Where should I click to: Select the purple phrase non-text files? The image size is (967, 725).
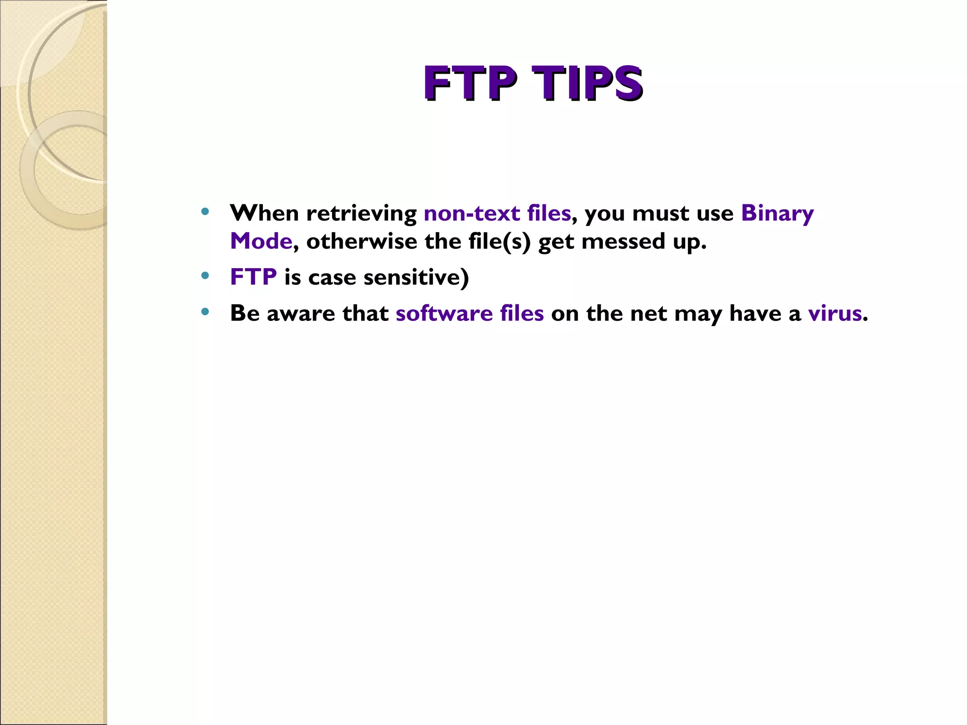(497, 213)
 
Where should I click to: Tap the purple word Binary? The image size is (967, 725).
(777, 213)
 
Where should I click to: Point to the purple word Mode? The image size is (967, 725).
(261, 241)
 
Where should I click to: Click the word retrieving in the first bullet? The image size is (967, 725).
(361, 213)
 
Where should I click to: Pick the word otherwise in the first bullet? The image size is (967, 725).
(361, 241)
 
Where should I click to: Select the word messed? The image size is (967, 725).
(623, 241)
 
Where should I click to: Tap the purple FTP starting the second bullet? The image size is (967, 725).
(253, 277)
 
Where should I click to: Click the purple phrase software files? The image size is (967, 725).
(470, 313)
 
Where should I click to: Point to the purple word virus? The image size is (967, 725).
(835, 313)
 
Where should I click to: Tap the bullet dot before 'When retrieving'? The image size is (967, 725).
(204, 211)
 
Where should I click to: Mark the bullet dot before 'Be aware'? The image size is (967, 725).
(204, 312)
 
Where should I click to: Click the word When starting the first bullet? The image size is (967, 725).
(264, 213)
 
